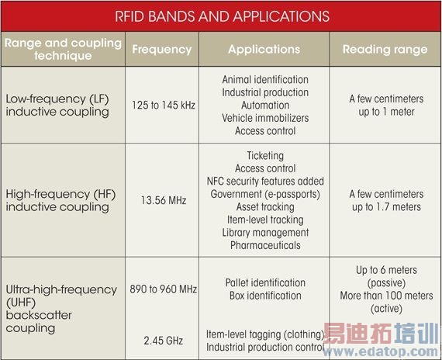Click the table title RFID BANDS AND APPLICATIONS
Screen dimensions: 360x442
tap(221, 16)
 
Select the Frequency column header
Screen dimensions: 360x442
tap(161, 49)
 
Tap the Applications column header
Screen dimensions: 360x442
tap(264, 49)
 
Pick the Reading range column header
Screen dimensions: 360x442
tap(386, 49)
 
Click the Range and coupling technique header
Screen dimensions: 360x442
tap(63, 49)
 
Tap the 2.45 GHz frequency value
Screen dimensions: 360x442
tap(162, 339)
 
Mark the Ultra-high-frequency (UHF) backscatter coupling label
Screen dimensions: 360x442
tap(52, 308)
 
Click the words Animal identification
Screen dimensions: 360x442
tap(264, 80)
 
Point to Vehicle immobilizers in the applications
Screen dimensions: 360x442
tap(264, 118)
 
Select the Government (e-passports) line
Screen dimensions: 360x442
tap(264, 194)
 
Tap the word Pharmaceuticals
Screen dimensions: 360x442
tap(264, 245)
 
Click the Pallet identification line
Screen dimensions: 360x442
tap(264, 283)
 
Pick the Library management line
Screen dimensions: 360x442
tap(264, 233)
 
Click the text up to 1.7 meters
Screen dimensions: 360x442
tap(386, 206)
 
